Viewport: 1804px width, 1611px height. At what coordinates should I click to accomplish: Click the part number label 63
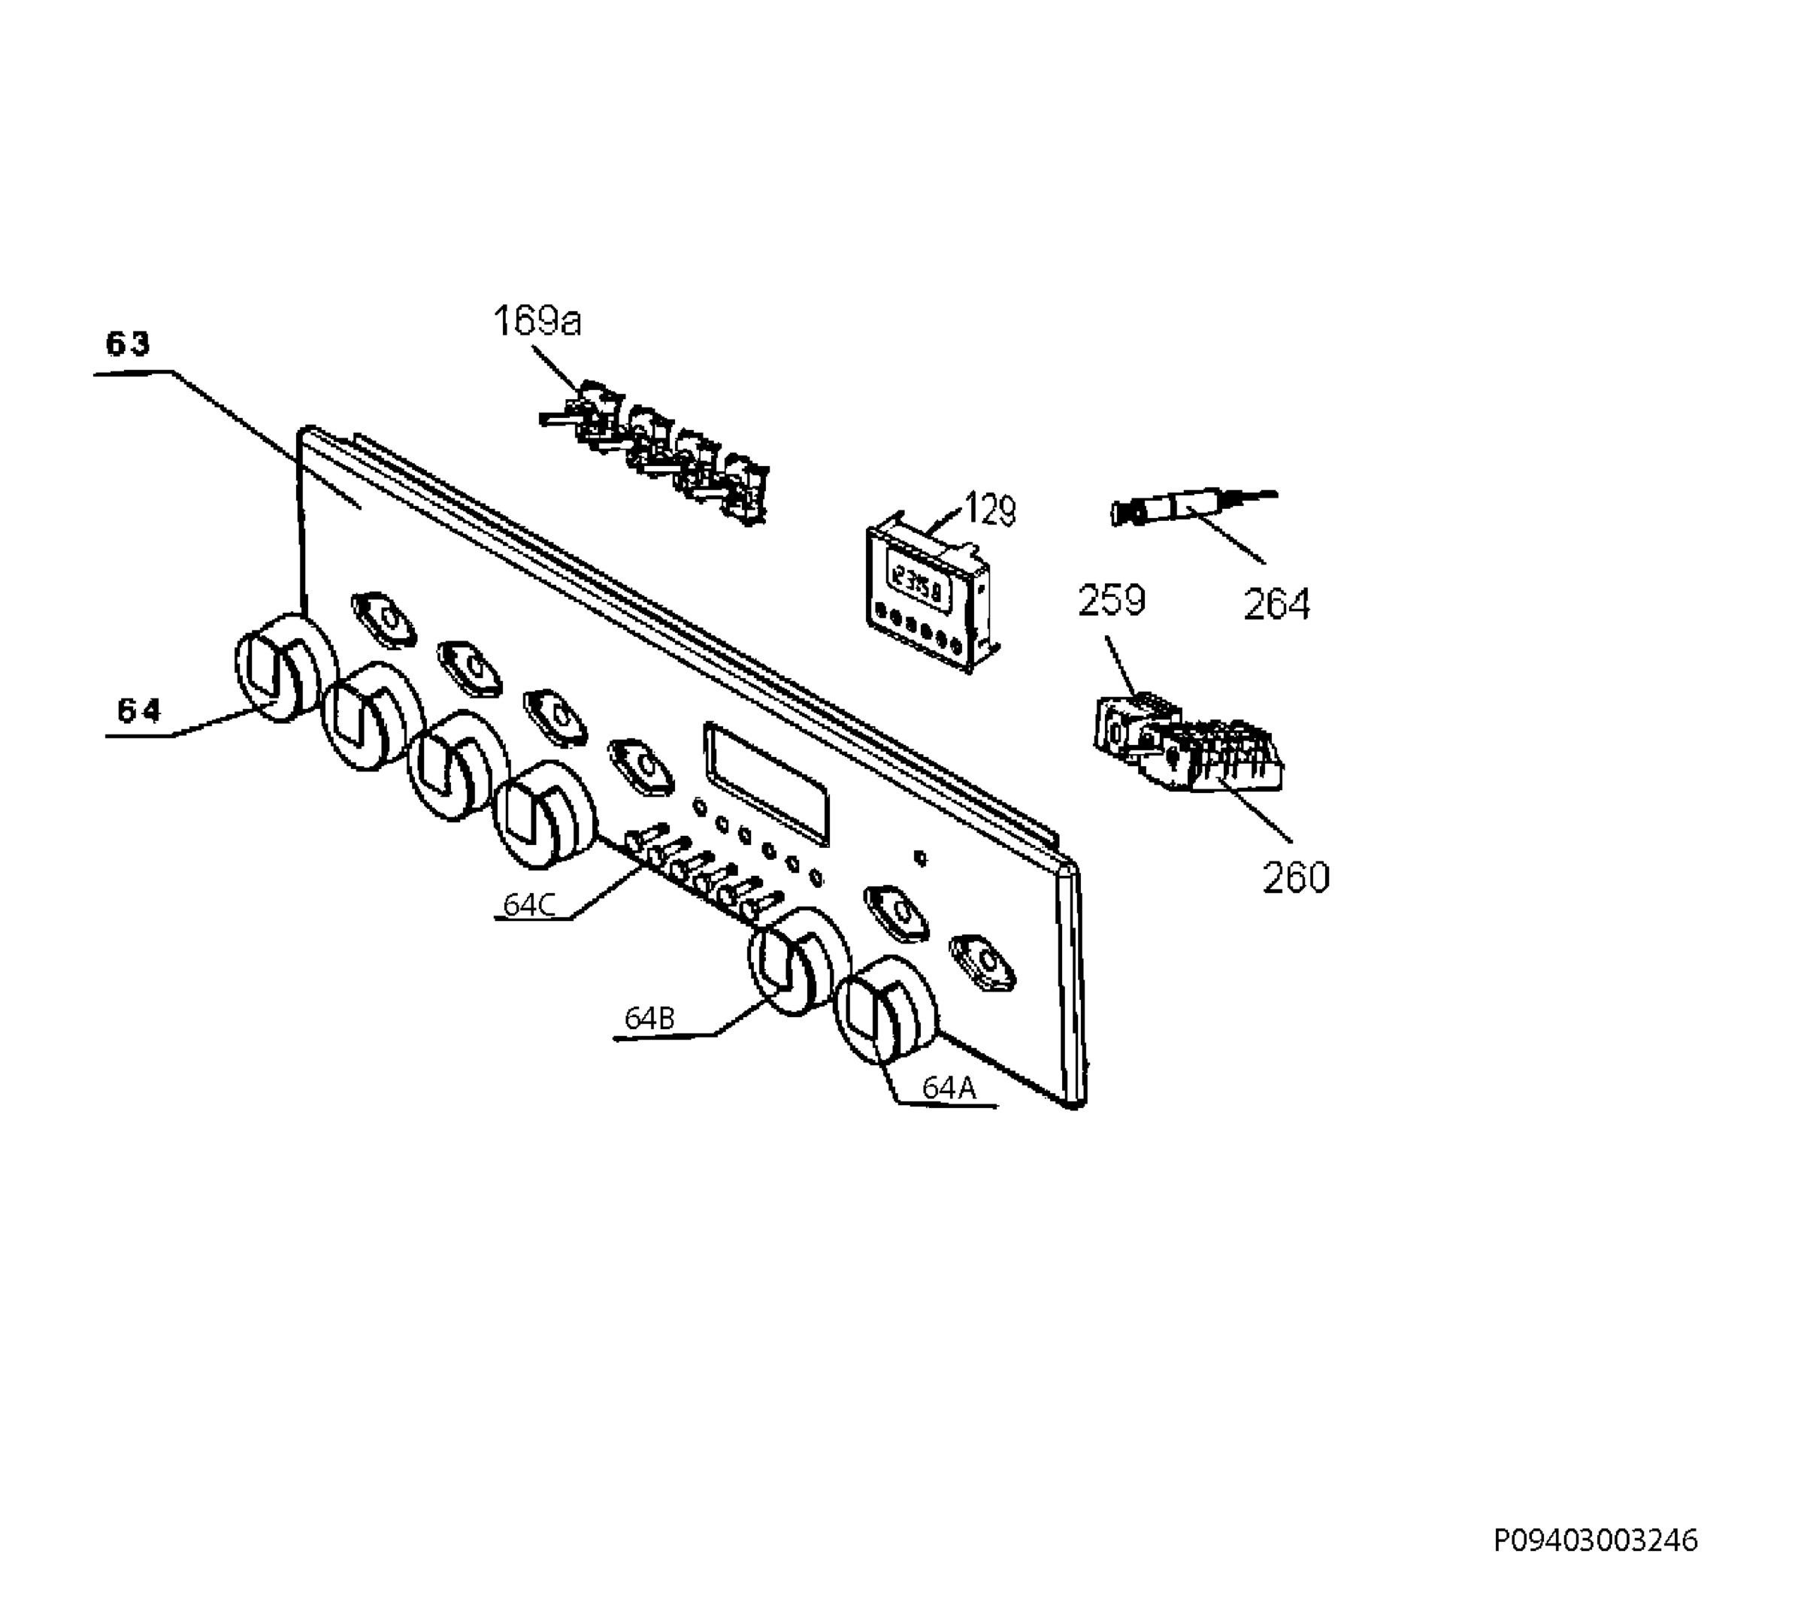(x=129, y=344)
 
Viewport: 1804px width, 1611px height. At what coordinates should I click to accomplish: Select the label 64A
(x=949, y=1088)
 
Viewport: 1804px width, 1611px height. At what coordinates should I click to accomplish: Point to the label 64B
(x=649, y=1019)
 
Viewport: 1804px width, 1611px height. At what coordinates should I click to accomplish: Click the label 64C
(x=529, y=904)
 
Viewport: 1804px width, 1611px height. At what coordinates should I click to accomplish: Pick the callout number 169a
(x=537, y=320)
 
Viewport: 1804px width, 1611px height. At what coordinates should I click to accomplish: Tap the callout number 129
(x=990, y=510)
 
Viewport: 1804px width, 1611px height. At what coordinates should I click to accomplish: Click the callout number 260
(x=1296, y=878)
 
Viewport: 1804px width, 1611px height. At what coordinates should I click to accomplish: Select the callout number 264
(x=1276, y=604)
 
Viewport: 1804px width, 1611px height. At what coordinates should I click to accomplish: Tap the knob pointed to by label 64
(x=286, y=665)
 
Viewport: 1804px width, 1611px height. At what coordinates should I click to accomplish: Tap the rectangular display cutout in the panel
(x=767, y=783)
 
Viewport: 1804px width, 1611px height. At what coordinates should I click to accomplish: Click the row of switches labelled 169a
(x=655, y=453)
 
